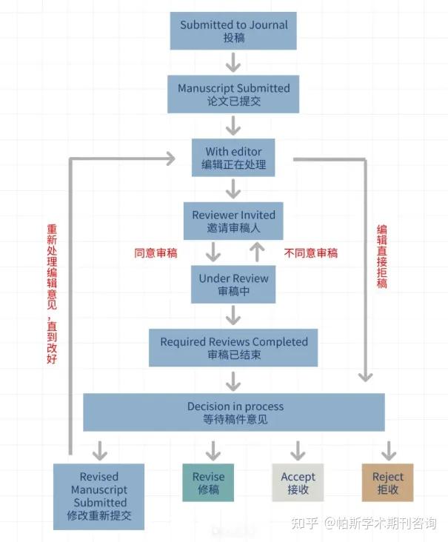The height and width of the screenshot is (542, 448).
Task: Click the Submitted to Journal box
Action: [x=233, y=31]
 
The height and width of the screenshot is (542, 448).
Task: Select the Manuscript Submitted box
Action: [x=233, y=94]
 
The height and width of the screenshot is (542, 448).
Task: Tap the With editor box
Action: [x=233, y=158]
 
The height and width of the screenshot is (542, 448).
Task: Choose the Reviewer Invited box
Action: [x=233, y=221]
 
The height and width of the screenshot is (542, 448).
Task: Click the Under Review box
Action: [x=233, y=284]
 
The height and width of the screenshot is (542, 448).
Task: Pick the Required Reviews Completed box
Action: [x=233, y=348]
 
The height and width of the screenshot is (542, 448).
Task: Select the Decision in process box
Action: [x=233, y=412]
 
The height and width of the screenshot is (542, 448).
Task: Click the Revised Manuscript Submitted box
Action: [x=99, y=496]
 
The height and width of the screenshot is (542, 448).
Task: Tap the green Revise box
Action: [x=208, y=483]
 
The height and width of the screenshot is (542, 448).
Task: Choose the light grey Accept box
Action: [x=298, y=483]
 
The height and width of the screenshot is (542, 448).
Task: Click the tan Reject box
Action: [x=387, y=483]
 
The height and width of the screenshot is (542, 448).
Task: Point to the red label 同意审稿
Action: [x=156, y=253]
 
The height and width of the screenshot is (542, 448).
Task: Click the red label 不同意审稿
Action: [x=311, y=253]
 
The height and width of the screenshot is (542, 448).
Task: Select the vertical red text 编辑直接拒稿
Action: [x=381, y=255]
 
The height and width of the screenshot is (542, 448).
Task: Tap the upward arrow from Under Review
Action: [x=257, y=252]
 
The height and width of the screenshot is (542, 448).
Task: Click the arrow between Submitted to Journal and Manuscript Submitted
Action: [x=233, y=62]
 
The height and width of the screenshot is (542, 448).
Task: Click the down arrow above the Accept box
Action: [x=298, y=450]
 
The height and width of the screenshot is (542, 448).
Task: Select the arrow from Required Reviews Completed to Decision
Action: [x=233, y=381]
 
